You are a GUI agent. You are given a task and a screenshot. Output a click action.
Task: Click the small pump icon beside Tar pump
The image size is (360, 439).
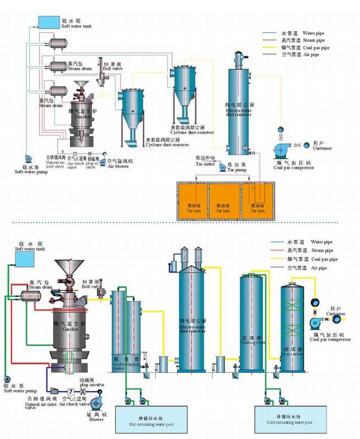pyautogui.click(x=216, y=166)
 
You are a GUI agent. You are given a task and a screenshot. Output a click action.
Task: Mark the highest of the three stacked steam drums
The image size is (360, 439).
pyautogui.click(x=56, y=42)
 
